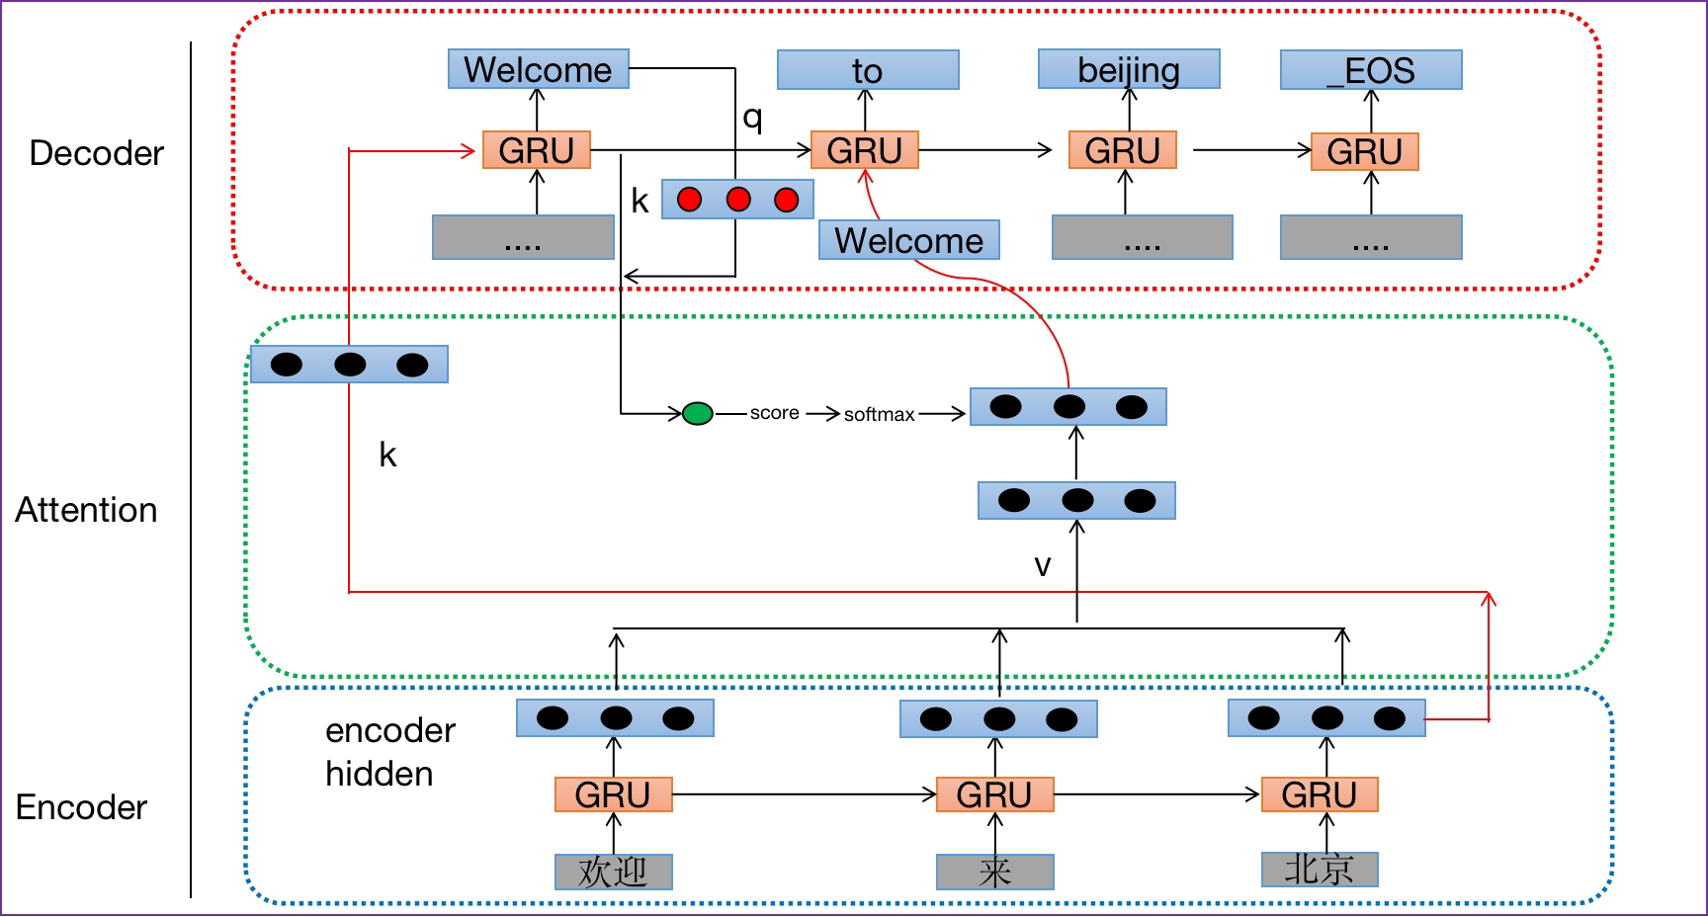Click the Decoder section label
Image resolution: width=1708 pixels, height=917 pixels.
(96, 153)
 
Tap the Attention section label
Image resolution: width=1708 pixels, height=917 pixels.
(86, 510)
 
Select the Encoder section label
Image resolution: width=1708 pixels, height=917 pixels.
(81, 807)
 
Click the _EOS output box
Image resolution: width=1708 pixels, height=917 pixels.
(1371, 70)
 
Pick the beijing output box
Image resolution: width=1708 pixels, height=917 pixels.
(1129, 69)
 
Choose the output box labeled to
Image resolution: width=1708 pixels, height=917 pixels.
(868, 70)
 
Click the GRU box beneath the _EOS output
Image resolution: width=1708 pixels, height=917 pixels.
(1364, 151)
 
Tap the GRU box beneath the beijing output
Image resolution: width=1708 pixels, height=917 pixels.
(1122, 150)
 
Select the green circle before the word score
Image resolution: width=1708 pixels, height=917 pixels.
(698, 413)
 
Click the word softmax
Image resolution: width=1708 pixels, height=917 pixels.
(879, 415)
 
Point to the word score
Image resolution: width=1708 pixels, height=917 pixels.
(774, 413)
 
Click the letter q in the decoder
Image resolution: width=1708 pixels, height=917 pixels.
(752, 118)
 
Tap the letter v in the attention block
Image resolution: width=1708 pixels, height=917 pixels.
(1042, 566)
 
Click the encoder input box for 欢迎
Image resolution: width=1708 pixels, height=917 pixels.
(613, 872)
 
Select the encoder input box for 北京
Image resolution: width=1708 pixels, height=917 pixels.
(1320, 870)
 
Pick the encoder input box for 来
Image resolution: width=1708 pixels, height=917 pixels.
(994, 872)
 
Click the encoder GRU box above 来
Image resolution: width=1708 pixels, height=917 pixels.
(994, 794)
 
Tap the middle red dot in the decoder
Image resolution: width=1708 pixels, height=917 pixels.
(738, 200)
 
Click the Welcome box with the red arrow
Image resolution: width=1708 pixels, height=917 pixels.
(908, 240)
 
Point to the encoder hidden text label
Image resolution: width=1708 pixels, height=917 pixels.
(389, 752)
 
